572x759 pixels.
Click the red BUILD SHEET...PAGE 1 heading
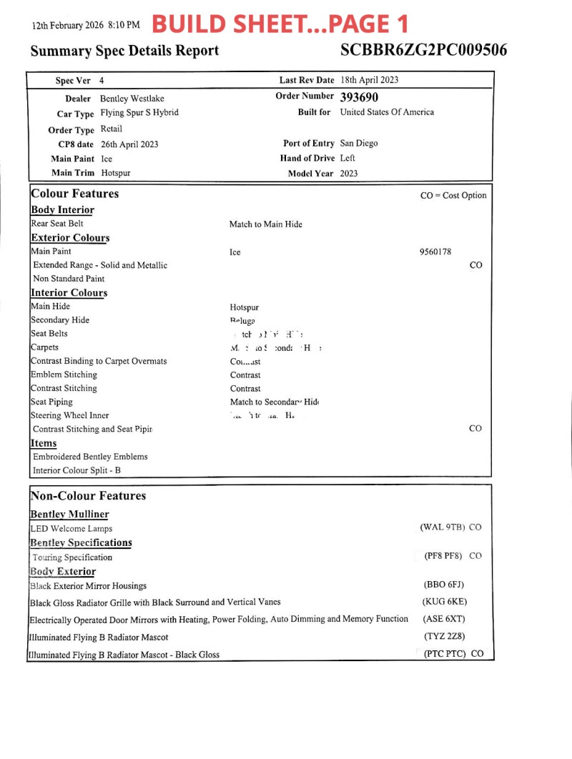tap(280, 24)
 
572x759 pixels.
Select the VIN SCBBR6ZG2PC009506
tap(424, 50)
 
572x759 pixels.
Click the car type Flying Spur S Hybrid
tap(139, 113)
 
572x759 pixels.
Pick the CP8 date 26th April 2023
tap(129, 144)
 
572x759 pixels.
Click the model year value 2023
tap(349, 173)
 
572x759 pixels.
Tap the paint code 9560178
tap(435, 252)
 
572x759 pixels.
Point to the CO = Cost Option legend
tap(453, 196)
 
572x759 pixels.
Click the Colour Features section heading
tap(75, 194)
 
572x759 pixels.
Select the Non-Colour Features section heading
tap(88, 496)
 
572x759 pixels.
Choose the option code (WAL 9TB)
tap(443, 527)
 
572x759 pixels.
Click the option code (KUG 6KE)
tap(445, 602)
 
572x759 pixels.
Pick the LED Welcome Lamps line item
tap(71, 529)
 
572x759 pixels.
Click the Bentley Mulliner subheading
tap(69, 515)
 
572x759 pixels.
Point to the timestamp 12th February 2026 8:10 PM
tap(86, 26)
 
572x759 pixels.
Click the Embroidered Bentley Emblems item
tap(90, 457)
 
